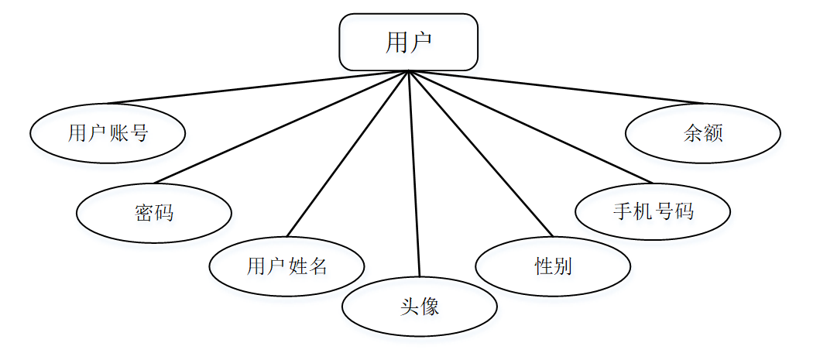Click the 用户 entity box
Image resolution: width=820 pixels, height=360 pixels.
[x=408, y=42]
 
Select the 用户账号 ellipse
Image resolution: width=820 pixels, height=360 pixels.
[x=108, y=133]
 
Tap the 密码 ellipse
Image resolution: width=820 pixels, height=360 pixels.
[x=154, y=212]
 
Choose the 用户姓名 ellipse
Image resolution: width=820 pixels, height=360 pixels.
[x=286, y=266]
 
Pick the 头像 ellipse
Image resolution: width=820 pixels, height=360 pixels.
[x=420, y=307]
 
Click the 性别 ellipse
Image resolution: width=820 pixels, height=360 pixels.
[x=553, y=266]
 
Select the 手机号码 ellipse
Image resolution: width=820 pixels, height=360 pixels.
[x=653, y=211]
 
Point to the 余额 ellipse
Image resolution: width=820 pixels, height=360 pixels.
[x=702, y=133]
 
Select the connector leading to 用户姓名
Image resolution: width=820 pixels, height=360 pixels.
[x=347, y=154]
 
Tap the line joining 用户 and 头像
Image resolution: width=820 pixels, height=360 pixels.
[x=413, y=174]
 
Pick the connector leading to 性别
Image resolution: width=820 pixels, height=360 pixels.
[x=480, y=154]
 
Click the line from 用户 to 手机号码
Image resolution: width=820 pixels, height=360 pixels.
[x=530, y=128]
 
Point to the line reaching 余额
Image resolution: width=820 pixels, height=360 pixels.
[x=555, y=87]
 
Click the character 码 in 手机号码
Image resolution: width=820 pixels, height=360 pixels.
[x=684, y=211]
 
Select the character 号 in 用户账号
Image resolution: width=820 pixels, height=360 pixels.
[x=139, y=134]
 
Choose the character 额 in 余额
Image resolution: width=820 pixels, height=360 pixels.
[x=714, y=134]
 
